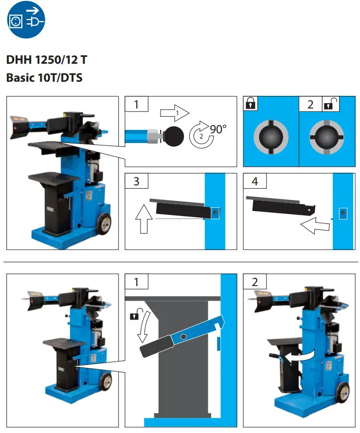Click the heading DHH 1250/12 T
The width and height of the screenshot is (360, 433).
click(47, 60)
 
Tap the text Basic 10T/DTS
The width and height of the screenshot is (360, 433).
click(44, 77)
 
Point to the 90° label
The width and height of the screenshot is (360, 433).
click(218, 129)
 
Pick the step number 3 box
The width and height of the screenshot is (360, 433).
click(136, 181)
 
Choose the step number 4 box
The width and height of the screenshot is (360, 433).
click(254, 181)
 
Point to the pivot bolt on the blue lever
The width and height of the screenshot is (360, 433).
click(184, 337)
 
